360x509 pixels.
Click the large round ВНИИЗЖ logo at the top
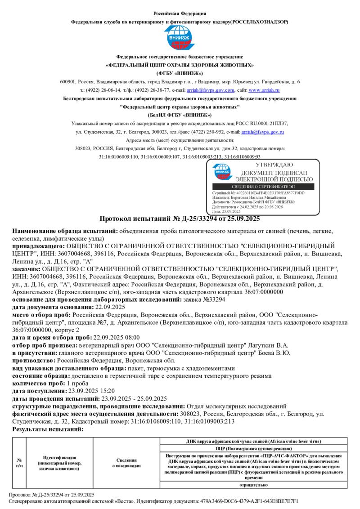tap(180, 38)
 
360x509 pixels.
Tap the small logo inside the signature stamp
tap(222, 171)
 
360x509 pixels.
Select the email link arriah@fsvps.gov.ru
tap(262, 132)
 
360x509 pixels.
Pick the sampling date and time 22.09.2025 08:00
tap(116, 337)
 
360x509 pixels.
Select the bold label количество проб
tap(39, 383)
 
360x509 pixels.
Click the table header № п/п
tap(19, 463)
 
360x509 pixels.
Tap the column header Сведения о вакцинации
tap(126, 463)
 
